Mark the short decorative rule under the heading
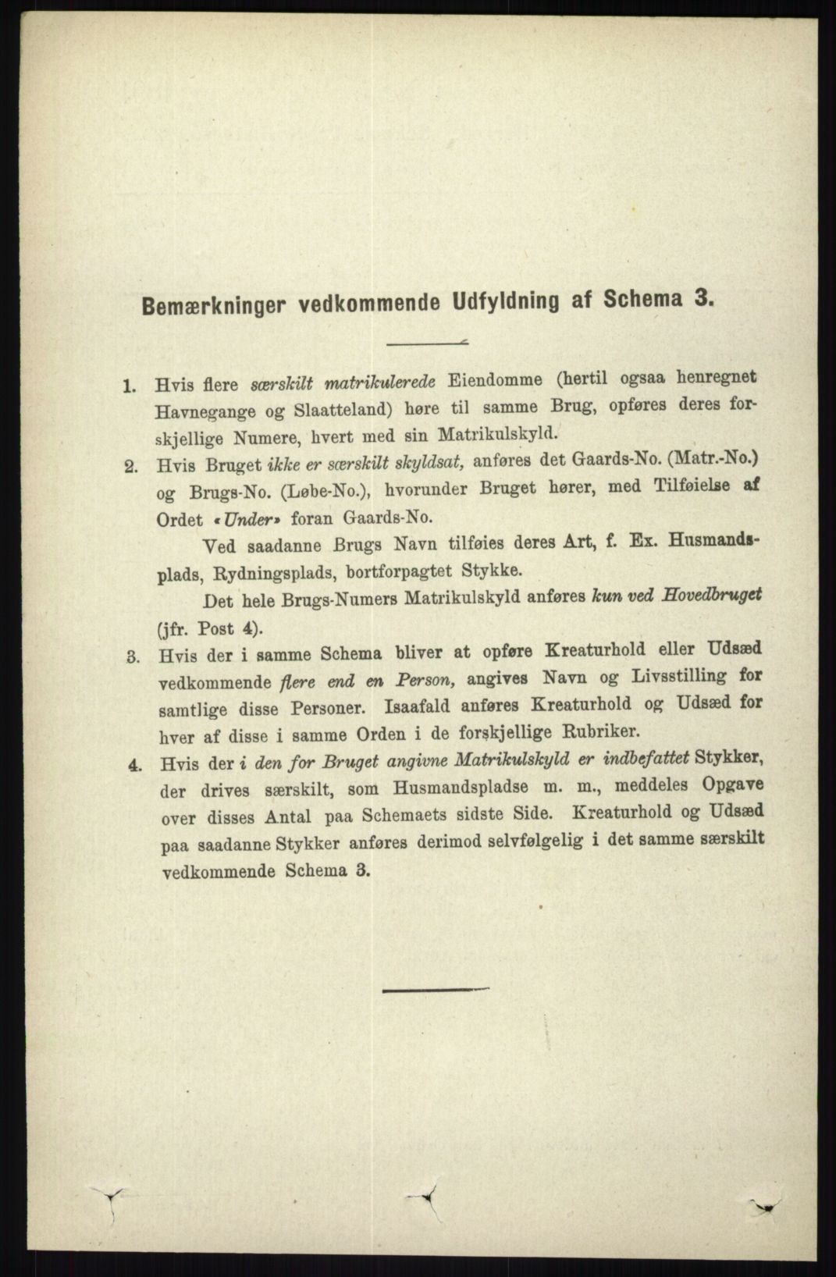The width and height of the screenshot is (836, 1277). (427, 341)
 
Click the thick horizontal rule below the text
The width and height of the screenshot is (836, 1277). (435, 991)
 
